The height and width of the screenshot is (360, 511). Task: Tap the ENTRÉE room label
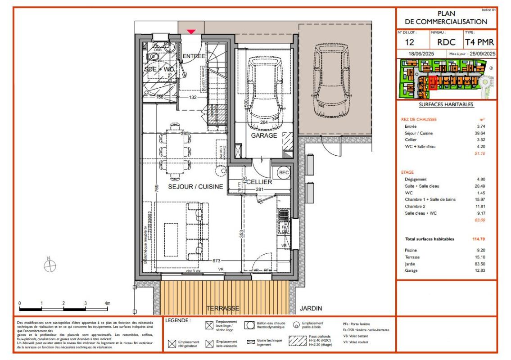[x=194, y=56]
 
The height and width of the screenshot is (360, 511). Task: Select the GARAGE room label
[x=264, y=135]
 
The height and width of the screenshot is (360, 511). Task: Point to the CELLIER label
[x=259, y=182]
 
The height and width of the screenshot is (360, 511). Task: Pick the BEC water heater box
[x=284, y=172]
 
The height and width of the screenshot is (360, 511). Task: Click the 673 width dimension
[x=218, y=261]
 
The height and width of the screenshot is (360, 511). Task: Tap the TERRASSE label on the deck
[x=222, y=309]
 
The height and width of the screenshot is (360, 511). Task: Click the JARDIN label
[x=311, y=309]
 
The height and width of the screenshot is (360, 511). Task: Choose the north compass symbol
[x=49, y=265]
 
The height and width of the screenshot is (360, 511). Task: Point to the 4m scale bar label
[x=107, y=303]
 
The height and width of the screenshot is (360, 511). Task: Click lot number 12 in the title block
[x=410, y=42]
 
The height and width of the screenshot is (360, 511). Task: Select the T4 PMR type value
[x=479, y=42]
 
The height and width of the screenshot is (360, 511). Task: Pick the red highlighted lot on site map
[x=433, y=83]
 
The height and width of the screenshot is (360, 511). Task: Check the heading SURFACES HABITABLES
[x=446, y=104]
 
